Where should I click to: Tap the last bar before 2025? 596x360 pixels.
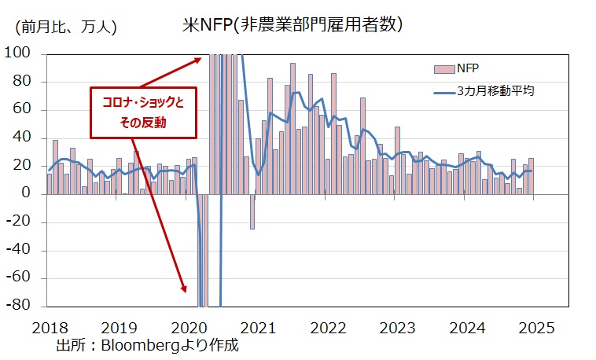(531, 176)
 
